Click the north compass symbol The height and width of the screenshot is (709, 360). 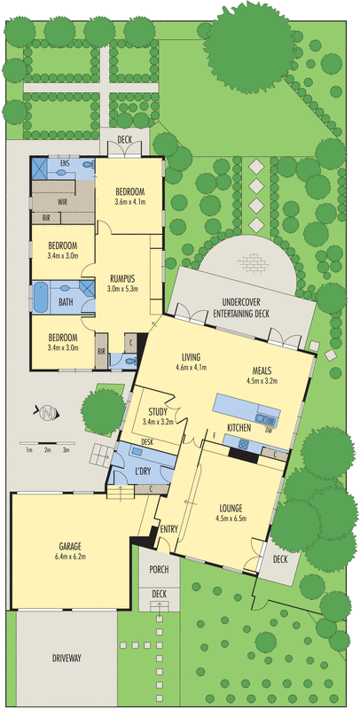coord(45,413)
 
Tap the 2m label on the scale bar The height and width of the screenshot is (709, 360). coord(48,450)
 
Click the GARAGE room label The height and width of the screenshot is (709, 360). coord(72,545)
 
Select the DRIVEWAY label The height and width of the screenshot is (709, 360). coord(66,658)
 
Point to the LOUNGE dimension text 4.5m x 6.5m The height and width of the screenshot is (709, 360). coord(231,518)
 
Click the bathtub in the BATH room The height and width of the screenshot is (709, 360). coord(41,297)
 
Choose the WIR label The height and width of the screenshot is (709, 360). coord(62,202)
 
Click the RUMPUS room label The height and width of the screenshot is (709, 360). coord(122,278)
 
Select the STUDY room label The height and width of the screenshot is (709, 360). coord(158,412)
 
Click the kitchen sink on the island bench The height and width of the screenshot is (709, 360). coord(262,418)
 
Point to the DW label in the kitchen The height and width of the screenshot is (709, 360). coord(269,429)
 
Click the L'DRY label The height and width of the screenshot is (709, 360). coord(143,471)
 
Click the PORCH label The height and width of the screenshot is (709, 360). coord(159,569)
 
